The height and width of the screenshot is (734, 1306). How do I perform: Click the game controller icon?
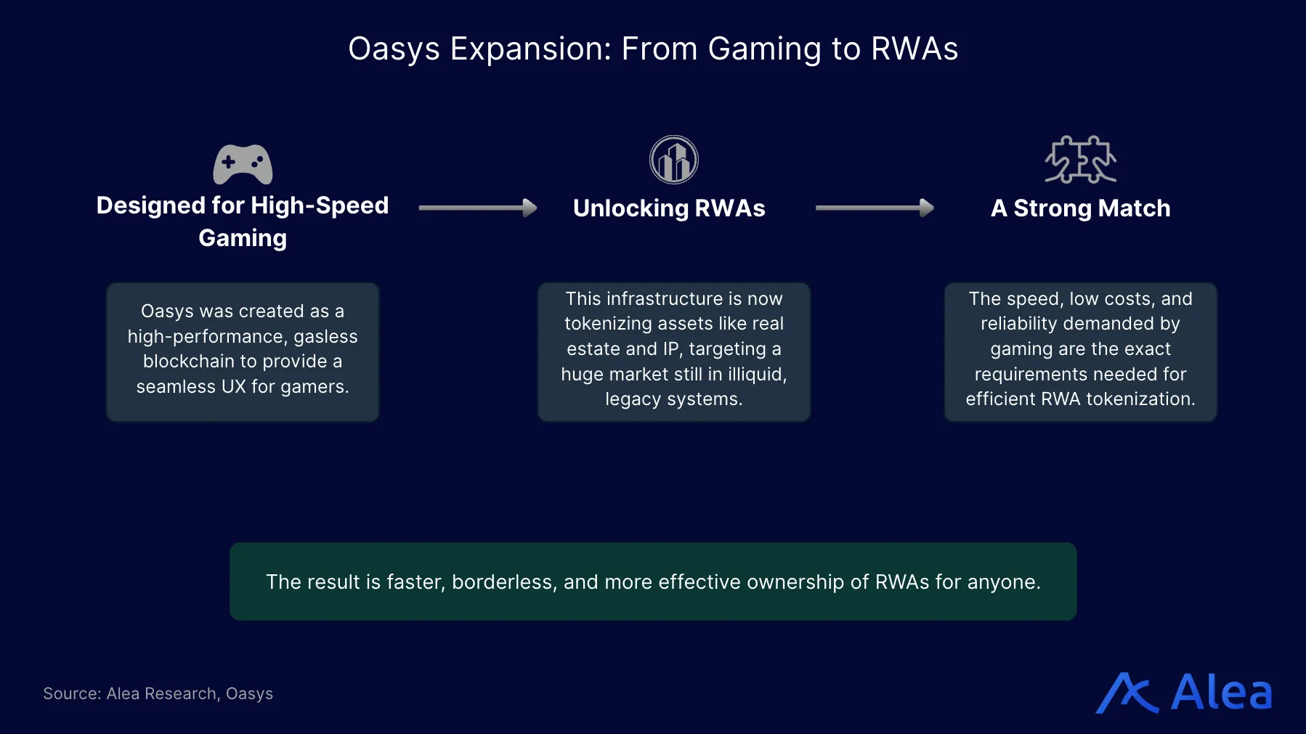click(243, 164)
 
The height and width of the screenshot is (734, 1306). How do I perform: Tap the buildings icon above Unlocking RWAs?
click(673, 160)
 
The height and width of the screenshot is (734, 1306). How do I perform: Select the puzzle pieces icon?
click(1080, 160)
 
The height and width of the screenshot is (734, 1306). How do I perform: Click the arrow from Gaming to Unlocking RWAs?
click(478, 208)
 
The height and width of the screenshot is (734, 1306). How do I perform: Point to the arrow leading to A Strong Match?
click(875, 208)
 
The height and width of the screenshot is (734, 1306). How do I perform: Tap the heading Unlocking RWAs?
click(669, 208)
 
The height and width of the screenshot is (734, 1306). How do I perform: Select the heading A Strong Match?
click(1080, 208)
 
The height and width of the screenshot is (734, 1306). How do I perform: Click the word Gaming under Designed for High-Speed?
click(243, 238)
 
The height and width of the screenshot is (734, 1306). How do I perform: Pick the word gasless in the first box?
click(325, 336)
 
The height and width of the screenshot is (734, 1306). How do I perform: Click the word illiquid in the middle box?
click(756, 374)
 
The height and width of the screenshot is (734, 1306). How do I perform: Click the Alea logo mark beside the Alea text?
click(1127, 693)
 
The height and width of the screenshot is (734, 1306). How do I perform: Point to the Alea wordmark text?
click(1222, 693)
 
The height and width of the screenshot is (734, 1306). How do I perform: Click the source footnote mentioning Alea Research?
click(158, 693)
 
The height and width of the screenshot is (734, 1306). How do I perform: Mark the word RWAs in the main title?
click(914, 49)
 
